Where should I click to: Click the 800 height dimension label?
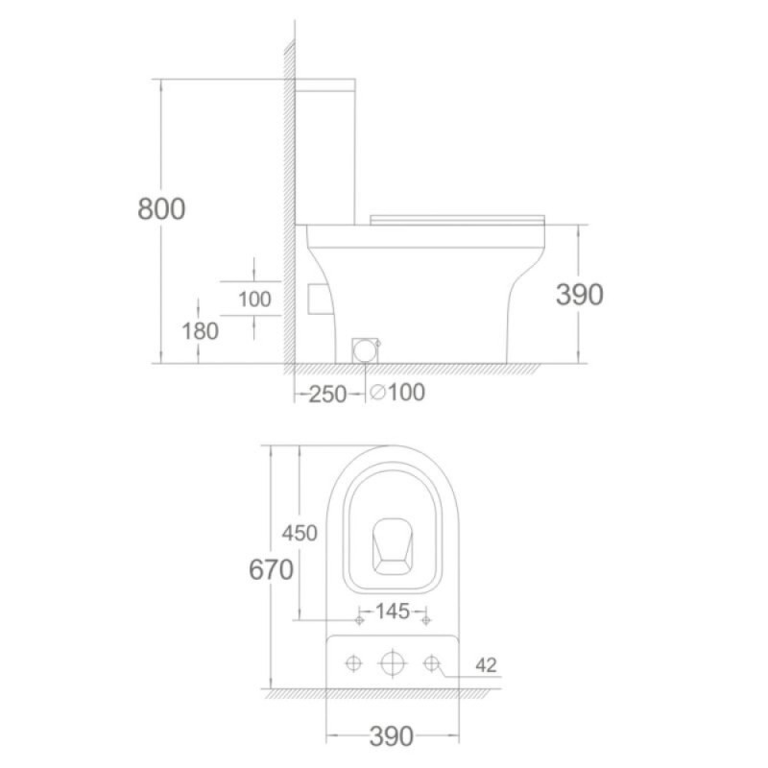pyautogui.click(x=161, y=208)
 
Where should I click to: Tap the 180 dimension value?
pyautogui.click(x=200, y=331)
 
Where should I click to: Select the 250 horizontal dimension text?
pyautogui.click(x=327, y=395)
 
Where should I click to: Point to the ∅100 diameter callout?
pyautogui.click(x=397, y=392)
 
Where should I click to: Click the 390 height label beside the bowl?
pyautogui.click(x=580, y=295)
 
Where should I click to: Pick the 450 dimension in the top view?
pyautogui.click(x=300, y=533)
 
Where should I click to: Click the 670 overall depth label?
pyautogui.click(x=271, y=569)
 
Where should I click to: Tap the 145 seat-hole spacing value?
pyautogui.click(x=392, y=612)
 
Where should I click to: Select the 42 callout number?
pyautogui.click(x=486, y=664)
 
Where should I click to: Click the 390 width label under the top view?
pyautogui.click(x=392, y=736)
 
